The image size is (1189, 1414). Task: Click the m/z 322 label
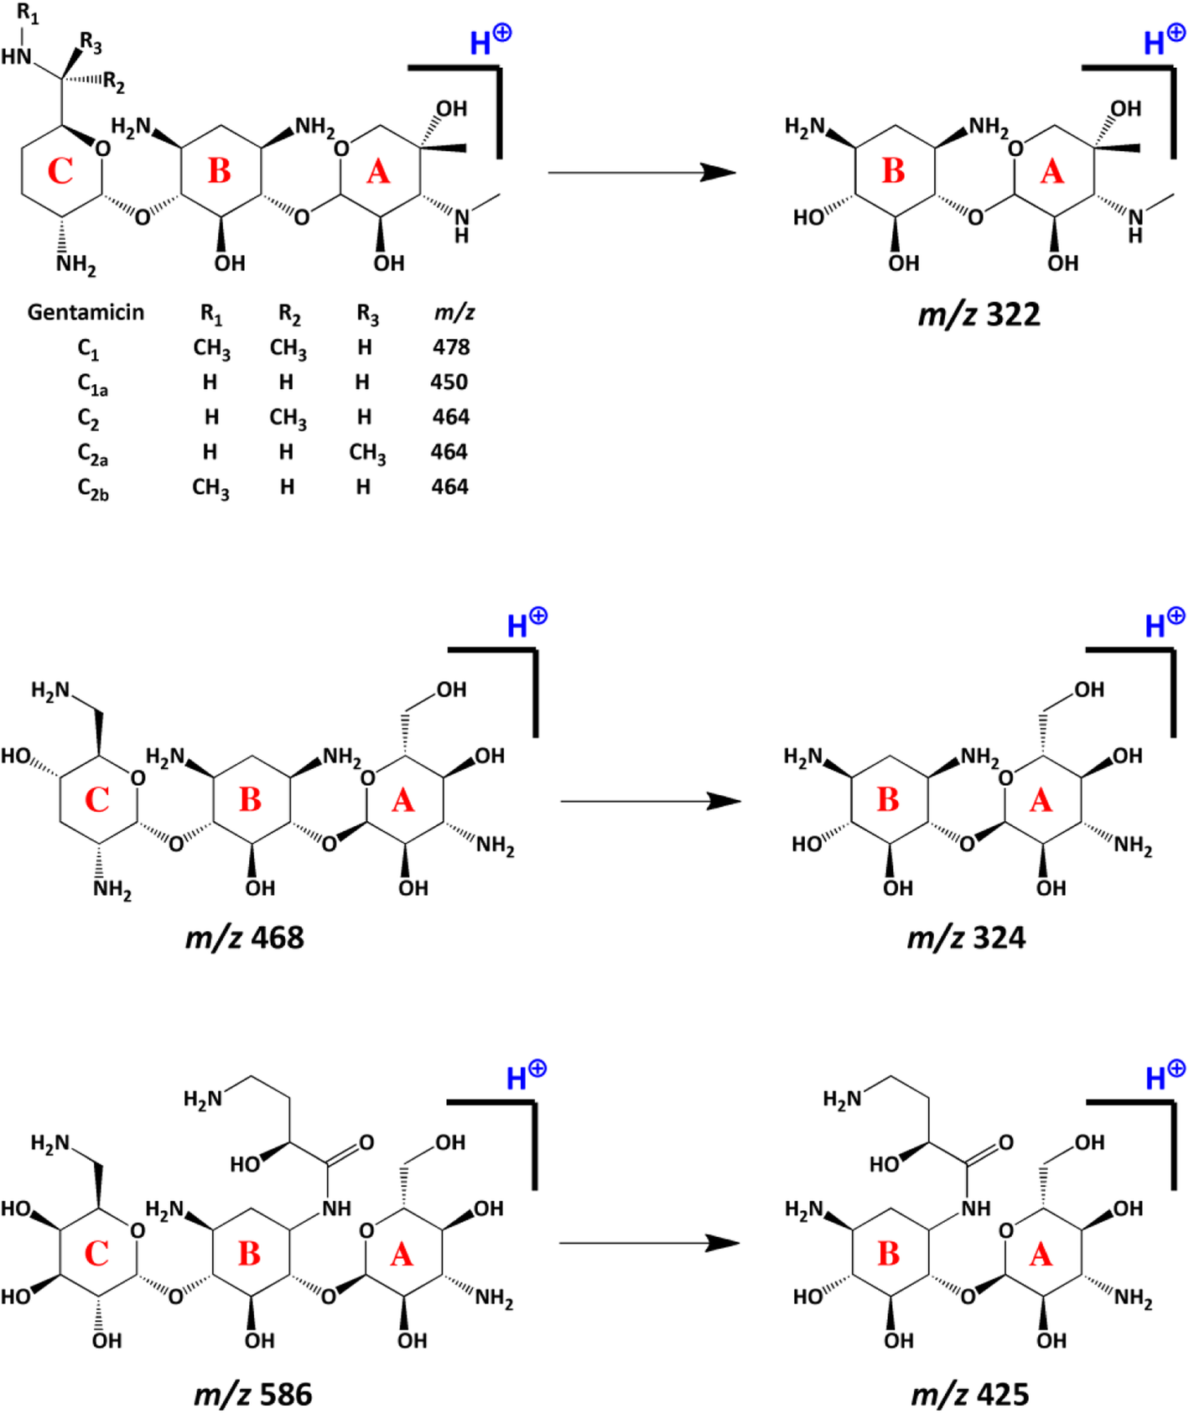979,315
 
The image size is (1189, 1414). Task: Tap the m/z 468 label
244,937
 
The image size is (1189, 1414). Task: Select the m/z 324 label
966,937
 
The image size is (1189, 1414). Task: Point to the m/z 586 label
252,1394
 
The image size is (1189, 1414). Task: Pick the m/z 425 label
969,1394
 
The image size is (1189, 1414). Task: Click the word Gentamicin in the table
86,312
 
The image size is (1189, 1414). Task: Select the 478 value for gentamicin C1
451,347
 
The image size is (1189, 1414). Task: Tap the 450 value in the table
449,382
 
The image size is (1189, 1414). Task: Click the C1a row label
92,384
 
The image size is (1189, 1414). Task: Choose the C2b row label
92,488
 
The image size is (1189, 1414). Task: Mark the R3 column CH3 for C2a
367,453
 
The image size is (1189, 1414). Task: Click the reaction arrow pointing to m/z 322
641,172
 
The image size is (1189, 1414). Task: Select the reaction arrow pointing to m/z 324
650,801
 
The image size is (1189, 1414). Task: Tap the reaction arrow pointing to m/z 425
649,1242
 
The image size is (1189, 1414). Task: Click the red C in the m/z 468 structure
96,799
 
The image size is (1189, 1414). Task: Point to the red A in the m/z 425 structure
1041,1255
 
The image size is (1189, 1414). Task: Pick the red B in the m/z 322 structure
893,171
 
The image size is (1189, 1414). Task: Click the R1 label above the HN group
28,14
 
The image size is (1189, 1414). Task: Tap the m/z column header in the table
454,312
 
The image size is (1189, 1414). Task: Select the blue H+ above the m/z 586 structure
526,1075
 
